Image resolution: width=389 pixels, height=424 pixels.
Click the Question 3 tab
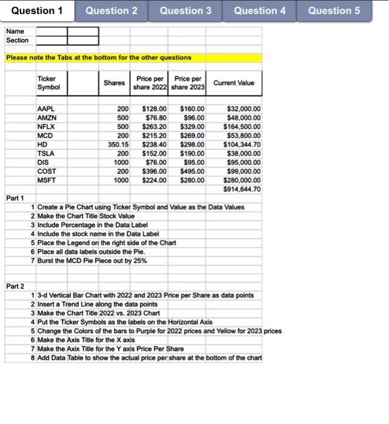[x=185, y=11]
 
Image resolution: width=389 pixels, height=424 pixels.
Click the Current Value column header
[x=234, y=83]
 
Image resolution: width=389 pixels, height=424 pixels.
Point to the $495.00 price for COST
[x=193, y=171]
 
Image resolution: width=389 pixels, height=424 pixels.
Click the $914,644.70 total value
[x=242, y=190]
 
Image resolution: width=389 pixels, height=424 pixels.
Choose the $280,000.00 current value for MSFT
[x=242, y=181]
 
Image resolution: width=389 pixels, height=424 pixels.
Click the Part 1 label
[x=15, y=198]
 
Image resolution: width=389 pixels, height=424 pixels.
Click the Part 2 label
[x=15, y=286]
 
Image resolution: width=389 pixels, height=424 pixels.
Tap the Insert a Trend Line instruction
[x=97, y=304]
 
